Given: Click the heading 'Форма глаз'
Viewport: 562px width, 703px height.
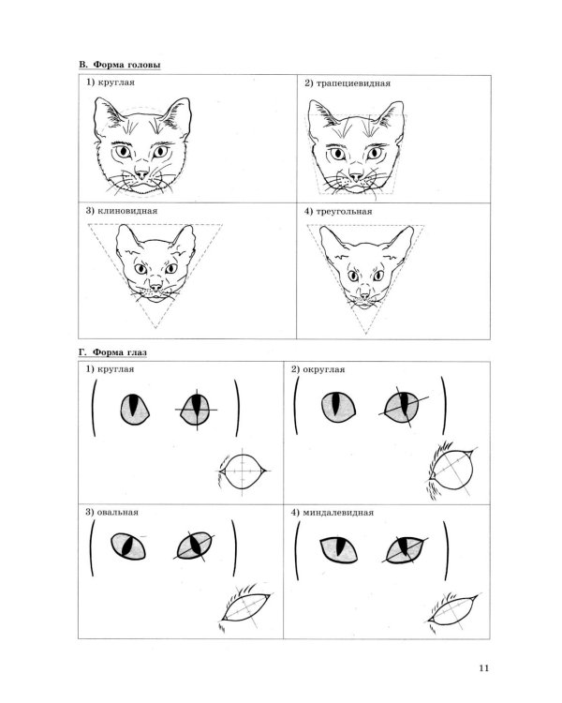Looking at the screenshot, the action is [119, 352].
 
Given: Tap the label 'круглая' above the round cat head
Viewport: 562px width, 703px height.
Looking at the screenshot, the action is [115, 82].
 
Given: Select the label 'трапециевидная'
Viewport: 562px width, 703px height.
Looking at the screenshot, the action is [353, 83].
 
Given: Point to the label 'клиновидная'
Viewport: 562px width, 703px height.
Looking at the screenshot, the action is [127, 211].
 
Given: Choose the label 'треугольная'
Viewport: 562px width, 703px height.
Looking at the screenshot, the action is [344, 212].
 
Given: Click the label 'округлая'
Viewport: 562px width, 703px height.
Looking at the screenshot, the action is [323, 369].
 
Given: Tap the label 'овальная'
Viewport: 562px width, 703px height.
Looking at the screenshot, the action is [117, 512].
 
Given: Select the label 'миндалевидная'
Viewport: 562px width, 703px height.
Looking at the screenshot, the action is [338, 513].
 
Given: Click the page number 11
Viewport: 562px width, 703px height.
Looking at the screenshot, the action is [483, 667].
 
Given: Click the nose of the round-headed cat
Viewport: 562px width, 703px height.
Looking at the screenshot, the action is [141, 174].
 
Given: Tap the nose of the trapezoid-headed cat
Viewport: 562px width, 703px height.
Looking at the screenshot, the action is [356, 174].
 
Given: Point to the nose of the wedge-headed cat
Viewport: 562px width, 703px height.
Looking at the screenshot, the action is [155, 287].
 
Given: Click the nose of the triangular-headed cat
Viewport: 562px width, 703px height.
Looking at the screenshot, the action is [364, 294].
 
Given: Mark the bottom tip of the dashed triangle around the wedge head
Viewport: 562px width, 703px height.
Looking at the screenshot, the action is [155, 329].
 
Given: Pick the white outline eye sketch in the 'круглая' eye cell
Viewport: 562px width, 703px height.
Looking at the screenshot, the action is [243, 471].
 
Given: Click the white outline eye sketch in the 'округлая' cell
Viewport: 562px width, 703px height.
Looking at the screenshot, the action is [451, 471].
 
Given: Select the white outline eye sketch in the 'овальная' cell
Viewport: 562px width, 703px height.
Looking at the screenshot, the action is [246, 606].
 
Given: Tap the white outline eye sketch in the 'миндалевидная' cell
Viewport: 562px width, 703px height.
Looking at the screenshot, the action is [452, 610].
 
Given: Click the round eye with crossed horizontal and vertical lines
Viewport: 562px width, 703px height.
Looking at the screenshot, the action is [197, 410].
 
